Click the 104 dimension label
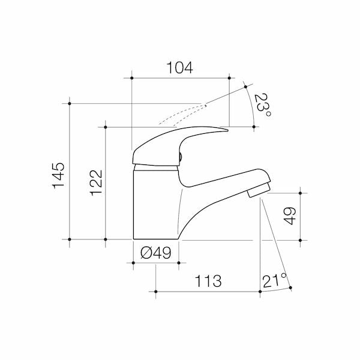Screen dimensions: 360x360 [x=180, y=68]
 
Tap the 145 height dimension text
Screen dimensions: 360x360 [x=59, y=176]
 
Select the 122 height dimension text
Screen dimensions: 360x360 [x=96, y=183]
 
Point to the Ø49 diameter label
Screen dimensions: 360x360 [x=155, y=253]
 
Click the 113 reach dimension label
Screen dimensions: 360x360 [x=208, y=281]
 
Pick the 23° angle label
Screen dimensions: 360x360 [x=262, y=105]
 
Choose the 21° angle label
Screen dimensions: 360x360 [x=275, y=280]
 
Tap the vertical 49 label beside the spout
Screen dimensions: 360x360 [x=290, y=216]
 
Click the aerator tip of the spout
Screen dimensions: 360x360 [x=258, y=190]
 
